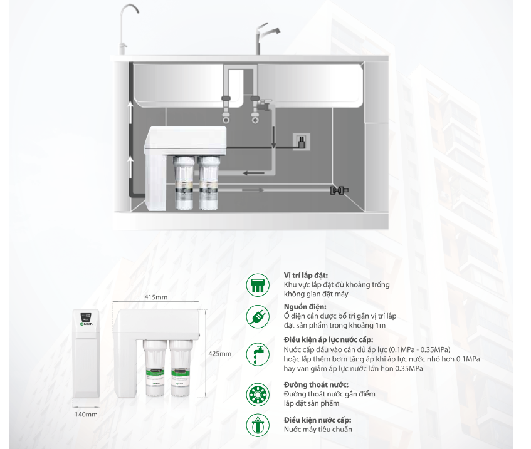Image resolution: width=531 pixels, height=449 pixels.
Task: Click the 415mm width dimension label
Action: click(x=155, y=297)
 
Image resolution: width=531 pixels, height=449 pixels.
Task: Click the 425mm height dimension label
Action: click(x=220, y=354)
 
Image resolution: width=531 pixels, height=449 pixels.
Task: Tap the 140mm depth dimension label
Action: click(x=86, y=414)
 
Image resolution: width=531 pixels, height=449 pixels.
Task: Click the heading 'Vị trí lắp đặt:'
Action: click(x=306, y=276)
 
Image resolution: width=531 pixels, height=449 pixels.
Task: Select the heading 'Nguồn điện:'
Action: click(x=305, y=307)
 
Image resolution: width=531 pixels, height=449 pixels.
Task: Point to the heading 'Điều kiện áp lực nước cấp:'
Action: click(x=329, y=339)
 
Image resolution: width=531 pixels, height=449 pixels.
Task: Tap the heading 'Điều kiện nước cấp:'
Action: click(x=318, y=420)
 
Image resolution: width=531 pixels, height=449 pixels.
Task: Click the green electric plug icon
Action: click(x=258, y=317)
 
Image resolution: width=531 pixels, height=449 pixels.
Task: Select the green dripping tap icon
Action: click(x=258, y=354)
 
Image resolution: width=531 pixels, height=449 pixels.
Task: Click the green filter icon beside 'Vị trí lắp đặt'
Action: click(x=258, y=285)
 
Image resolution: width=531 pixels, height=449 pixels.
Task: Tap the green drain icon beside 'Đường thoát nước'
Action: click(x=258, y=395)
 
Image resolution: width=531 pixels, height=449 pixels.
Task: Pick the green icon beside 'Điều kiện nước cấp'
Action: click(x=258, y=425)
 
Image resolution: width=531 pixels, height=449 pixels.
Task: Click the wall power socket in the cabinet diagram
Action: click(x=301, y=142)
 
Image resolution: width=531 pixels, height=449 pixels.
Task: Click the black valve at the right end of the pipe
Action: click(x=339, y=190)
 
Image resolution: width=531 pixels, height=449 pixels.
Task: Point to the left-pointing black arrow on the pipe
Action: click(x=253, y=173)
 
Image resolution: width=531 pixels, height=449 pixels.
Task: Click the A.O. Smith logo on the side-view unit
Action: click(x=86, y=324)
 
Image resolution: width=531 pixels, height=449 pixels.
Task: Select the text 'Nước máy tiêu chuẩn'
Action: click(x=318, y=430)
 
